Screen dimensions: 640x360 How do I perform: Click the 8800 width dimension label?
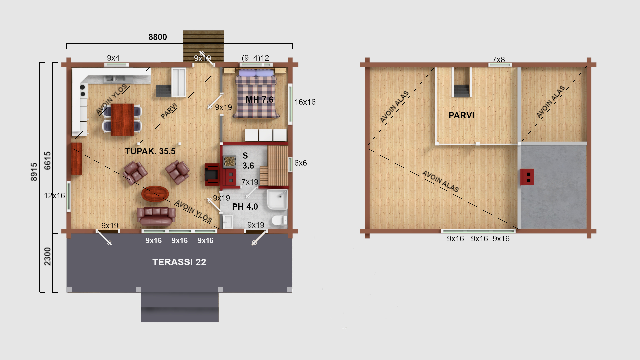[x=158, y=37]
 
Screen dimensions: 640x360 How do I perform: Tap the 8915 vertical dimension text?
[x=34, y=172]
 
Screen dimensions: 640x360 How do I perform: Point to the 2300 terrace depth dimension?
[x=48, y=256]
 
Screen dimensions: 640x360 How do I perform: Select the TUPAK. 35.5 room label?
[x=150, y=151]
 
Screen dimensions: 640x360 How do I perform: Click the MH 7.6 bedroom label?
[x=259, y=100]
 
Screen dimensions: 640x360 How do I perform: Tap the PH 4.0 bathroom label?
[x=245, y=207]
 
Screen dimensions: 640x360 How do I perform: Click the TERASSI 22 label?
[x=179, y=262]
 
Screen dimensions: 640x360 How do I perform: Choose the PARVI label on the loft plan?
[x=461, y=115]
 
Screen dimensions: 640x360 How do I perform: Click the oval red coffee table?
[x=155, y=194]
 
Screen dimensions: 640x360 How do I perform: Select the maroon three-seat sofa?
[x=156, y=216]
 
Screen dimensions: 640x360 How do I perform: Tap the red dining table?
[x=122, y=119]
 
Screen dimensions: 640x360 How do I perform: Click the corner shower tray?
[x=277, y=200]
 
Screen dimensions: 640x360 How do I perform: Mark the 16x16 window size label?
[x=305, y=102]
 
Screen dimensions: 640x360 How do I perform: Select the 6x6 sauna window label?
[x=300, y=163]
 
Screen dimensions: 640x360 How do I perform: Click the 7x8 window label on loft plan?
[x=499, y=60]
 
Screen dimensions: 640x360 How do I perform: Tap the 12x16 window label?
[x=54, y=196]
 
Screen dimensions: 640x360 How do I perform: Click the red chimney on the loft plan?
[x=527, y=177]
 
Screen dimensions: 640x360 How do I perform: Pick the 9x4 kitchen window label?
[x=113, y=58]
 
